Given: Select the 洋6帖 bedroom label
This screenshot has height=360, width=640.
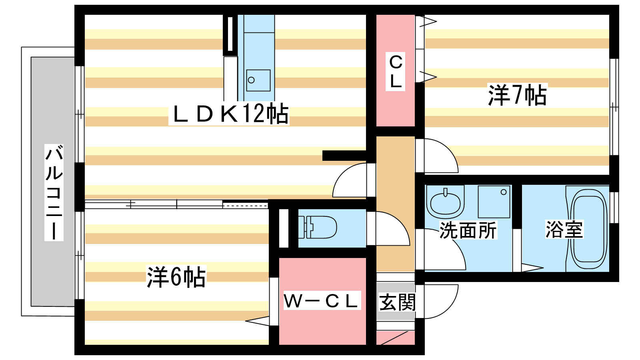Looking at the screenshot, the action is click(x=176, y=277).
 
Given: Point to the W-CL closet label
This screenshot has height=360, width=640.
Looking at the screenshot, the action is click(x=320, y=300).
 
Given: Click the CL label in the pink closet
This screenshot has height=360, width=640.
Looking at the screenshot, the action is click(x=396, y=72).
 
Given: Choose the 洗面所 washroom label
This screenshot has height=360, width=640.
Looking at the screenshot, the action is click(x=468, y=230).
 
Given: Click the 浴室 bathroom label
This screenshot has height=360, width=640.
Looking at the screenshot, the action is click(x=564, y=229).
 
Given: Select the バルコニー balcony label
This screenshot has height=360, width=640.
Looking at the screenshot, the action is click(x=54, y=192).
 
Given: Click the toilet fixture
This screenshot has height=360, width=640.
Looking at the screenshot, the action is click(x=318, y=227).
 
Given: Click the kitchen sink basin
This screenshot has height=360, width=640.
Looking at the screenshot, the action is click(x=258, y=80).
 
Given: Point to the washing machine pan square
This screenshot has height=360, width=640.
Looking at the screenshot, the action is click(x=494, y=202).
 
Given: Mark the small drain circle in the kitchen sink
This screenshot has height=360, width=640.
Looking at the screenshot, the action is click(x=252, y=80).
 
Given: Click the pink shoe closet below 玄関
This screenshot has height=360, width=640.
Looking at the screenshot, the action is click(x=396, y=338).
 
